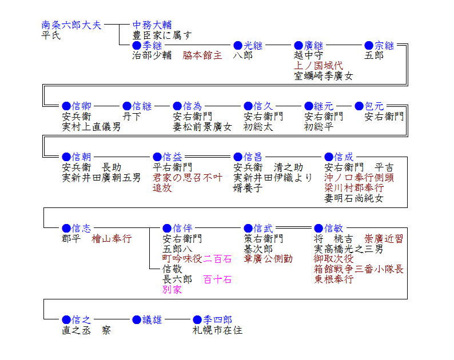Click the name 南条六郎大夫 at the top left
71,25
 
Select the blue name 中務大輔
152,25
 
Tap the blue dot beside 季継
137,45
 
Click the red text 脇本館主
202,55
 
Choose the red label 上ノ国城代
318,65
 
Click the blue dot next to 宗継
369,45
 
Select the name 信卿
81,106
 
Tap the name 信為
192,106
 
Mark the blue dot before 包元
359,106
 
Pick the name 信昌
253,157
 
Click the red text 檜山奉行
111,238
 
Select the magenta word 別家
172,289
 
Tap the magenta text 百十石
217,279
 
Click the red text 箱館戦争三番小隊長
359,269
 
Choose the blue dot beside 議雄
136,319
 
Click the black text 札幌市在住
217,330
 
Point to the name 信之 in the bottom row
81,319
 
